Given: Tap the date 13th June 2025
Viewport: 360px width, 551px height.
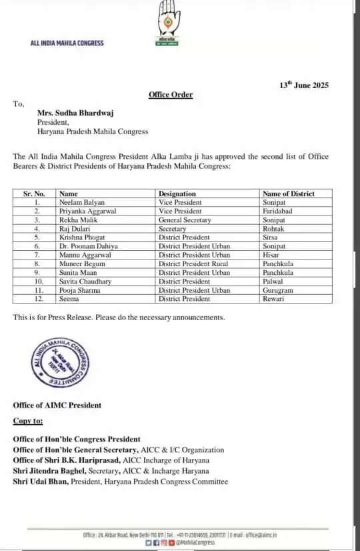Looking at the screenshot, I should pos(304,85).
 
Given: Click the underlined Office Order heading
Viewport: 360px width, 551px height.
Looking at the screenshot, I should pos(171,95).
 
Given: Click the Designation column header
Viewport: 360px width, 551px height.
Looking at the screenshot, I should pos(177,193).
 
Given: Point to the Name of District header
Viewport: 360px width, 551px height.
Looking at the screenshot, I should pos(288,193).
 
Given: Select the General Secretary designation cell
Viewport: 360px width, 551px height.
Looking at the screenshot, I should pos(185,219).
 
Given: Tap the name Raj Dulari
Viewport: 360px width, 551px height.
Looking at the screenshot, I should pos(73,228).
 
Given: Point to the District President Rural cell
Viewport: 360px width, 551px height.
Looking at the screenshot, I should pos(193,263).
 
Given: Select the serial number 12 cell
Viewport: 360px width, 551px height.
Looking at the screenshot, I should pos(37,298).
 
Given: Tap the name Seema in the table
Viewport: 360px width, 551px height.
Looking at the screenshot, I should pos(68,298).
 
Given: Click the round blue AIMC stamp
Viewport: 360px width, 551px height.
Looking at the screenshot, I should pos(59,362).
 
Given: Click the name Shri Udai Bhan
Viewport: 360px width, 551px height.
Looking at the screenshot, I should pos(40,481).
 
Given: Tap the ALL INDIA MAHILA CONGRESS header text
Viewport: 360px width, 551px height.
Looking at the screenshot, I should pos(67,43).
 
